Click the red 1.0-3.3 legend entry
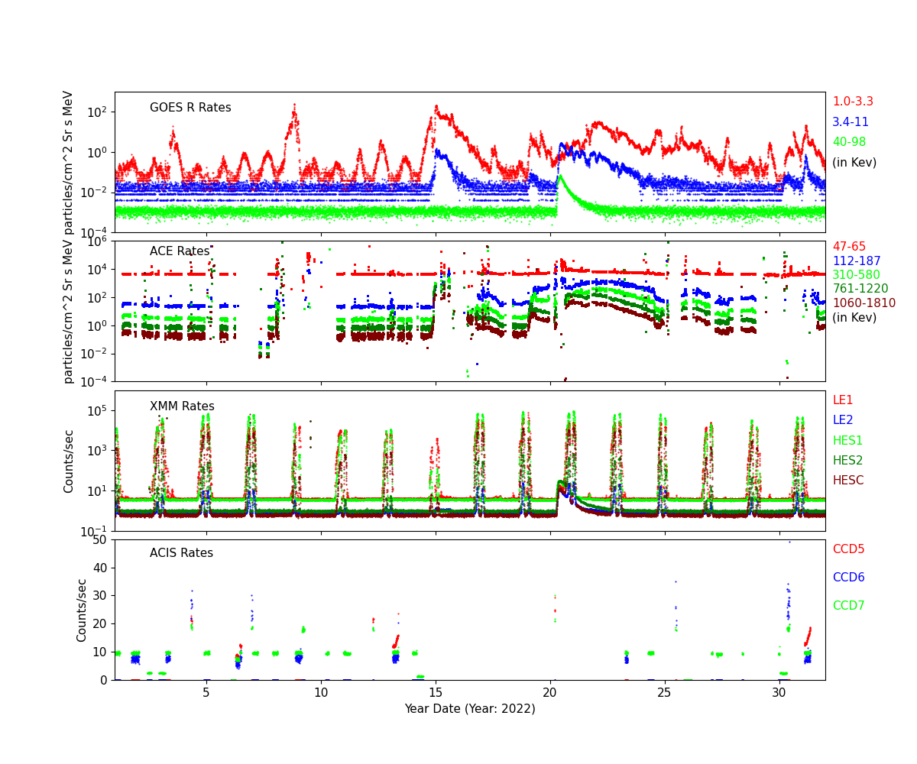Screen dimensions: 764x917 (852, 102)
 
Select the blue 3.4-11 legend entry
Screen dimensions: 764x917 (850, 122)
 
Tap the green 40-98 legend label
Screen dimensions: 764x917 (848, 142)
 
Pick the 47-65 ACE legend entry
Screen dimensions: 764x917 (849, 247)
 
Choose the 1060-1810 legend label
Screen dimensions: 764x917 (864, 303)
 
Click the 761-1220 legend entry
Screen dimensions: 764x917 (860, 289)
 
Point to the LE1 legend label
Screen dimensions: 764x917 (842, 400)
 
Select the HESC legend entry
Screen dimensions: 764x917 (847, 481)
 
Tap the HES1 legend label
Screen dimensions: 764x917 (847, 440)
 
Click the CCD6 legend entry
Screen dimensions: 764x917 (848, 578)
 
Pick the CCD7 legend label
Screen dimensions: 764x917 (848, 606)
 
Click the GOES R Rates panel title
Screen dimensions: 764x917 (190, 108)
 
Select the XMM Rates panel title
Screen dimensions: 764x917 (182, 406)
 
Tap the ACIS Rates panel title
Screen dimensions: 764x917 (181, 553)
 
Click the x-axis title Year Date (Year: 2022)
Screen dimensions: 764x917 (469, 708)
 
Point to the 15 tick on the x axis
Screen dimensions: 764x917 (436, 692)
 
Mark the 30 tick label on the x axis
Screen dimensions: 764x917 (779, 692)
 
